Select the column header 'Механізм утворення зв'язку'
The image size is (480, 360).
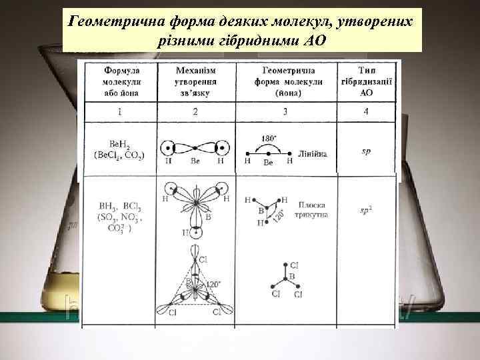[x=195, y=81]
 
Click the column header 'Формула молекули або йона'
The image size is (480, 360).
[x=120, y=81]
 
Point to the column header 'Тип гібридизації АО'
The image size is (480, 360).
[x=366, y=81]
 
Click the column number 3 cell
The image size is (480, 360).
[x=285, y=111]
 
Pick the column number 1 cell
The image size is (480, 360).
[x=120, y=111]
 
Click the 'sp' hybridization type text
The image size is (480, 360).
[x=366, y=151]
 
